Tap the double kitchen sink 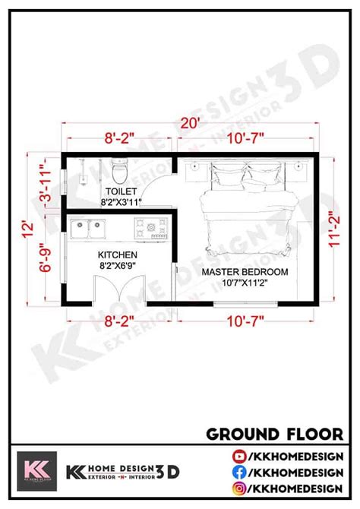[x=87, y=229]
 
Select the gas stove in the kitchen [x=151, y=228]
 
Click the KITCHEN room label [x=118, y=254]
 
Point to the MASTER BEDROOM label [x=245, y=272]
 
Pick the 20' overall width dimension [x=190, y=123]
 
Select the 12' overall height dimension [x=28, y=229]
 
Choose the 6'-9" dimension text [x=46, y=258]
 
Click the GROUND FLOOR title [x=275, y=435]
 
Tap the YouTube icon [x=239, y=457]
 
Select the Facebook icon [x=239, y=473]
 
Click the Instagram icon [x=239, y=488]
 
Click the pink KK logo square [x=36, y=471]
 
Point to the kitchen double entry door [x=119, y=289]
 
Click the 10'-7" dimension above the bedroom [x=245, y=138]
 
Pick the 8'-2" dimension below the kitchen [x=118, y=321]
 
